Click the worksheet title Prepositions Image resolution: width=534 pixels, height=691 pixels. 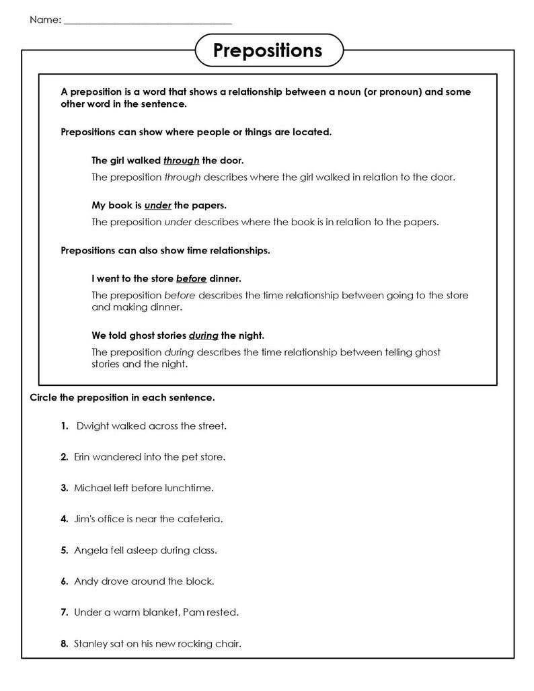pos(268,50)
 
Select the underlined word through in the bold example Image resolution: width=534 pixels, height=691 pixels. pos(181,161)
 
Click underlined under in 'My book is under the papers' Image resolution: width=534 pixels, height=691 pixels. pos(157,205)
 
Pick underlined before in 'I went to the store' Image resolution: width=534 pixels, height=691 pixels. pos(191,278)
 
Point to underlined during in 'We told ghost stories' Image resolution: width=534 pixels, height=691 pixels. pos(203,335)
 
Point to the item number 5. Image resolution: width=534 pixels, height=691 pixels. pos(64,550)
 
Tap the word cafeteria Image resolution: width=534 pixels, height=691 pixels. pos(200,518)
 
